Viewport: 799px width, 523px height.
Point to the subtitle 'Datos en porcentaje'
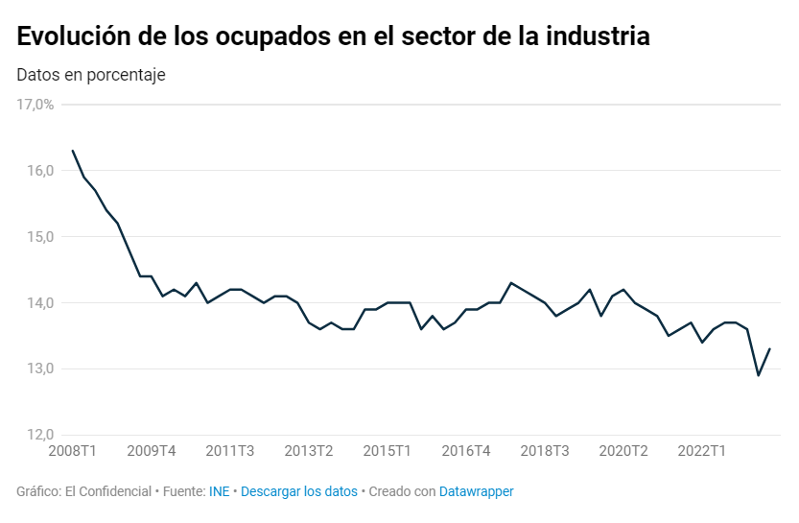(x=91, y=75)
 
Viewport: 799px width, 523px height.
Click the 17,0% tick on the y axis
(x=35, y=105)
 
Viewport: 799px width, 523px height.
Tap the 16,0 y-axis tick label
(x=39, y=171)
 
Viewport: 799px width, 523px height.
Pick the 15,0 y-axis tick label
(x=39, y=237)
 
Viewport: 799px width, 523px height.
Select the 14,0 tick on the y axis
(x=39, y=303)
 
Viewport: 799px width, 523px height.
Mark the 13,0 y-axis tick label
(x=39, y=369)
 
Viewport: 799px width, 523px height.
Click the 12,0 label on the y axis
(x=39, y=435)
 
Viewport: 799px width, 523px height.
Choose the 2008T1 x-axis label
(x=73, y=451)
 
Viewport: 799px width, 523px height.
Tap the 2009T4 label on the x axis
(x=152, y=451)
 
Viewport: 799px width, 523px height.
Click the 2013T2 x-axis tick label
(x=309, y=451)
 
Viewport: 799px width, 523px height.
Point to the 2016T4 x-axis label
(x=466, y=451)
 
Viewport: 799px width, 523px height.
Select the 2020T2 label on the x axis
(x=623, y=451)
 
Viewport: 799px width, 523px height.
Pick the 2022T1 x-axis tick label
(x=702, y=451)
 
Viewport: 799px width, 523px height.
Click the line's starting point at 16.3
(x=73, y=151)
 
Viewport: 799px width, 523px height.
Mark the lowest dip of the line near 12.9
(x=759, y=375)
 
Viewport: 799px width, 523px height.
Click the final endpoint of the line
(x=770, y=349)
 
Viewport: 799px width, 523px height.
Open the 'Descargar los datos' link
(x=298, y=491)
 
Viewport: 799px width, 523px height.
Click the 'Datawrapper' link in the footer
(x=476, y=491)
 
